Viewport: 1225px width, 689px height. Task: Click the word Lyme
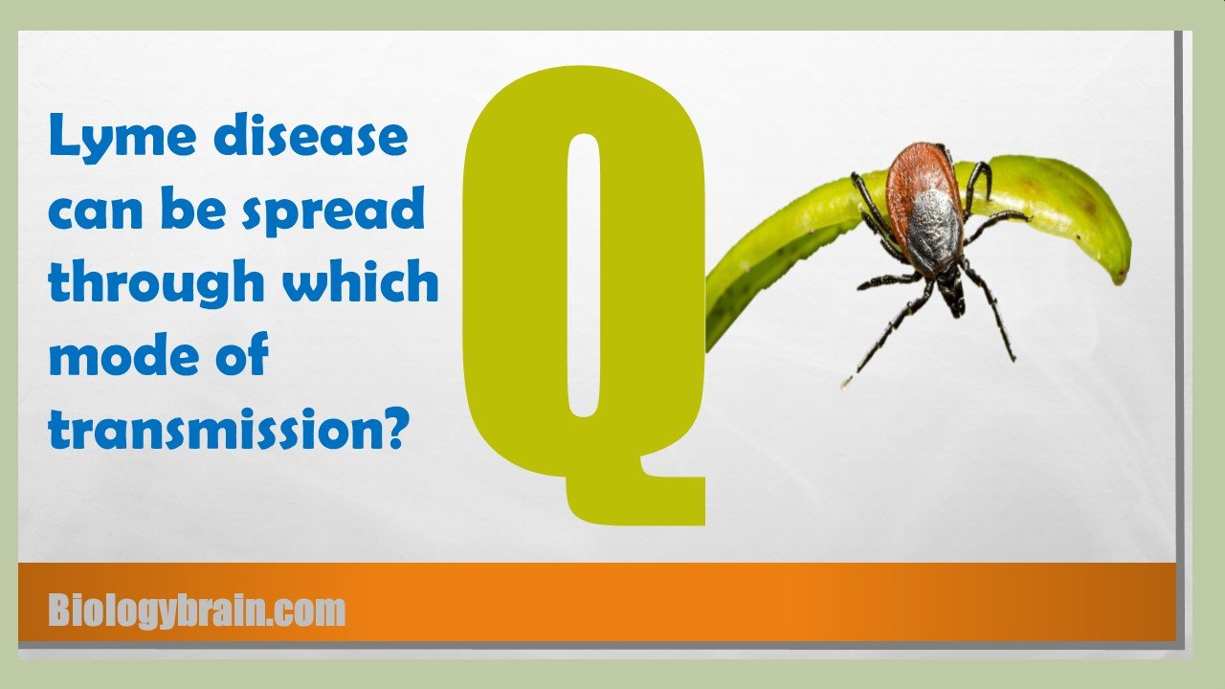point(122,136)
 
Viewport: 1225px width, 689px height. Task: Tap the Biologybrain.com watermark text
point(197,610)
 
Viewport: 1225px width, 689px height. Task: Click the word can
point(95,211)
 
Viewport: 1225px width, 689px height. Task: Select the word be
point(193,208)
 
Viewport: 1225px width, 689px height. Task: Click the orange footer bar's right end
point(1174,602)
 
